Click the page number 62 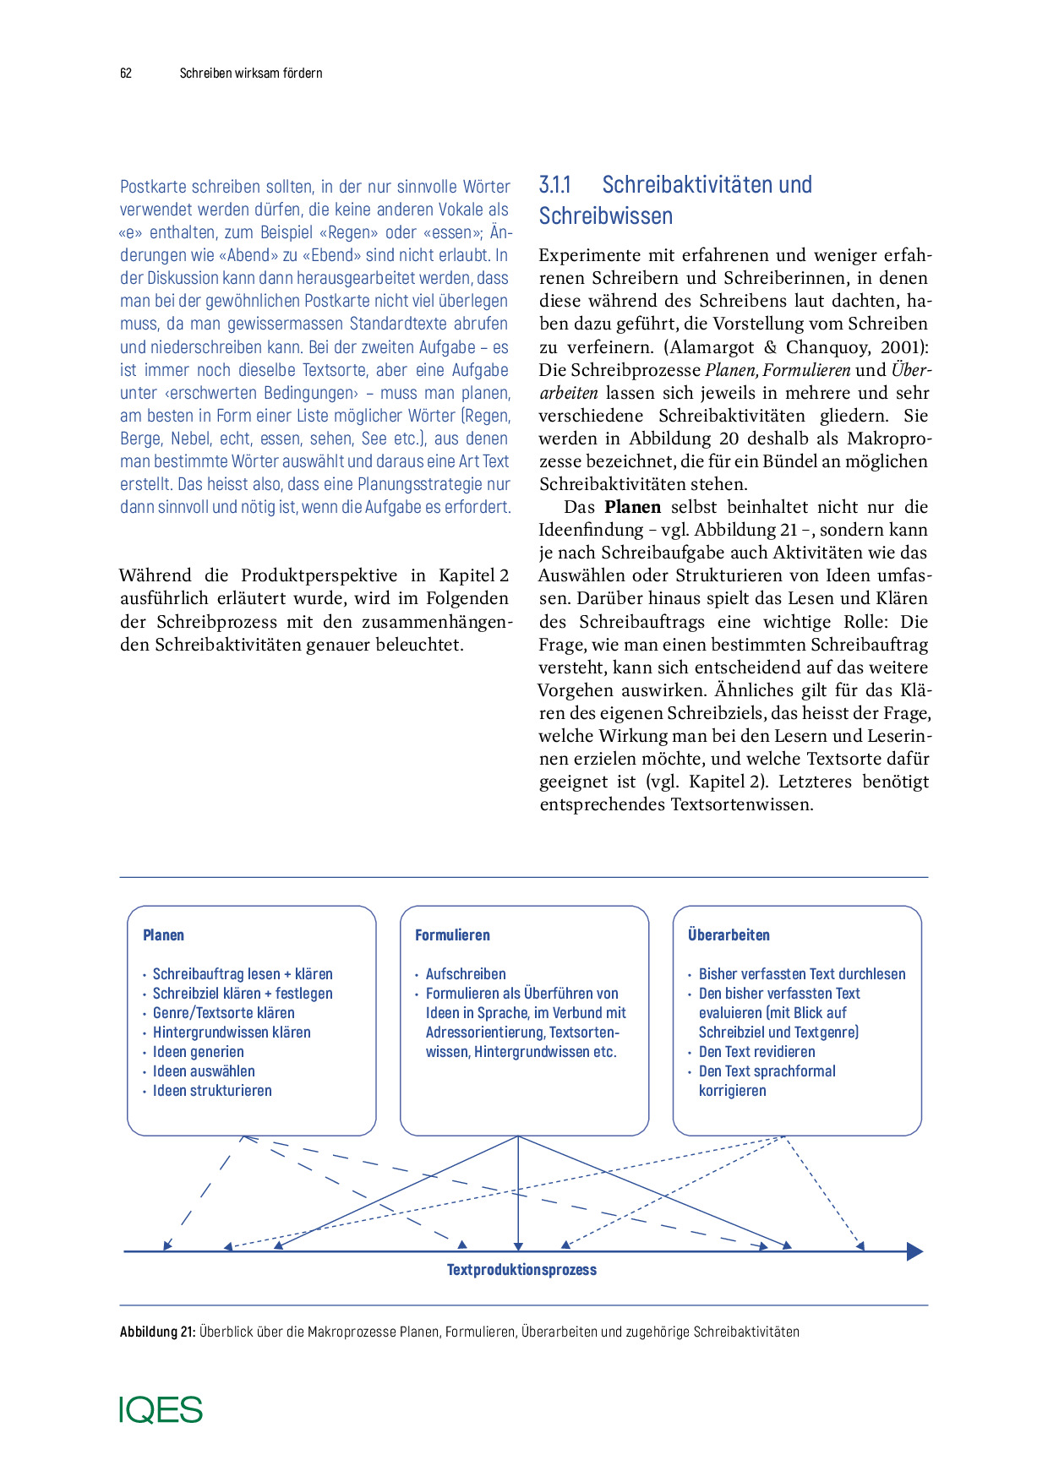coord(126,74)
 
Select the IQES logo coord(161,1410)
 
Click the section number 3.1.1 coord(555,185)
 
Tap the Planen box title coord(163,935)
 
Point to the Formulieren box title coord(452,935)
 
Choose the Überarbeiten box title coord(729,935)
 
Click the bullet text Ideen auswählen coord(204,1071)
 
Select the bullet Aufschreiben coord(466,974)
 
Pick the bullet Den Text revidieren coord(756,1052)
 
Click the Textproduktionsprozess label coord(521,1270)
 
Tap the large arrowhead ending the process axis coord(914,1252)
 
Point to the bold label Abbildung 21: coord(157,1332)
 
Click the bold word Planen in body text coord(632,508)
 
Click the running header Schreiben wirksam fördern coord(251,74)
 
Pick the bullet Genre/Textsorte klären coord(223,1013)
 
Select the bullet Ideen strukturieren coord(212,1091)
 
